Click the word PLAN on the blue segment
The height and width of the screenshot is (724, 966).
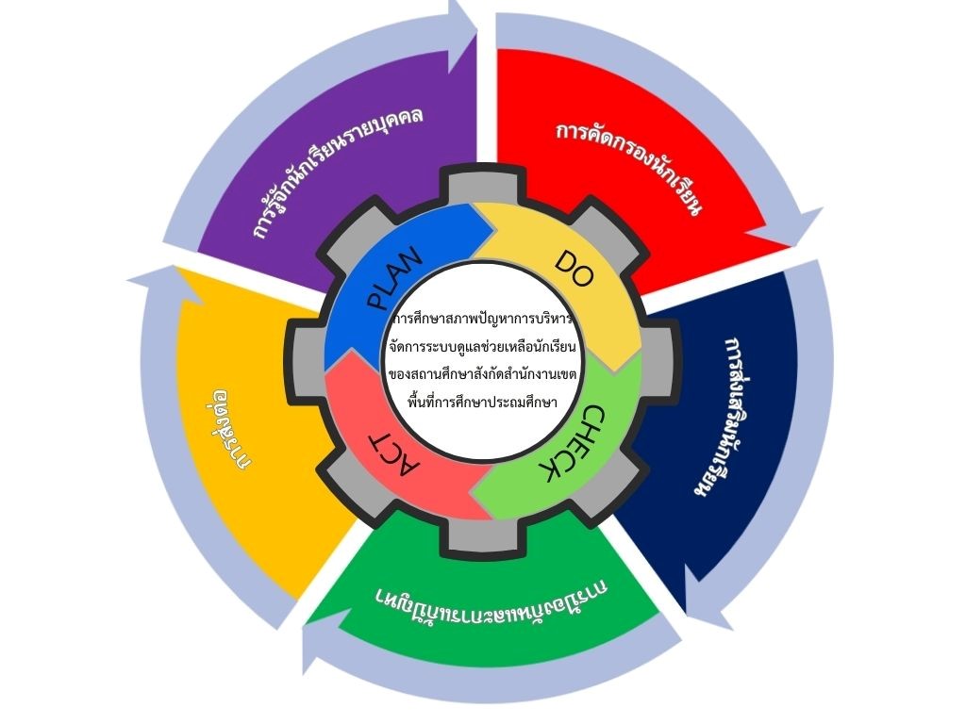[x=394, y=280]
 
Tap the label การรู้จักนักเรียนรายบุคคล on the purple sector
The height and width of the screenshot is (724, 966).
[x=337, y=171]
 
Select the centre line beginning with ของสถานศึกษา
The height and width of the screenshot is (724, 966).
[x=483, y=374]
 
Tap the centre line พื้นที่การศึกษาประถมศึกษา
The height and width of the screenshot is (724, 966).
[x=483, y=403]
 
